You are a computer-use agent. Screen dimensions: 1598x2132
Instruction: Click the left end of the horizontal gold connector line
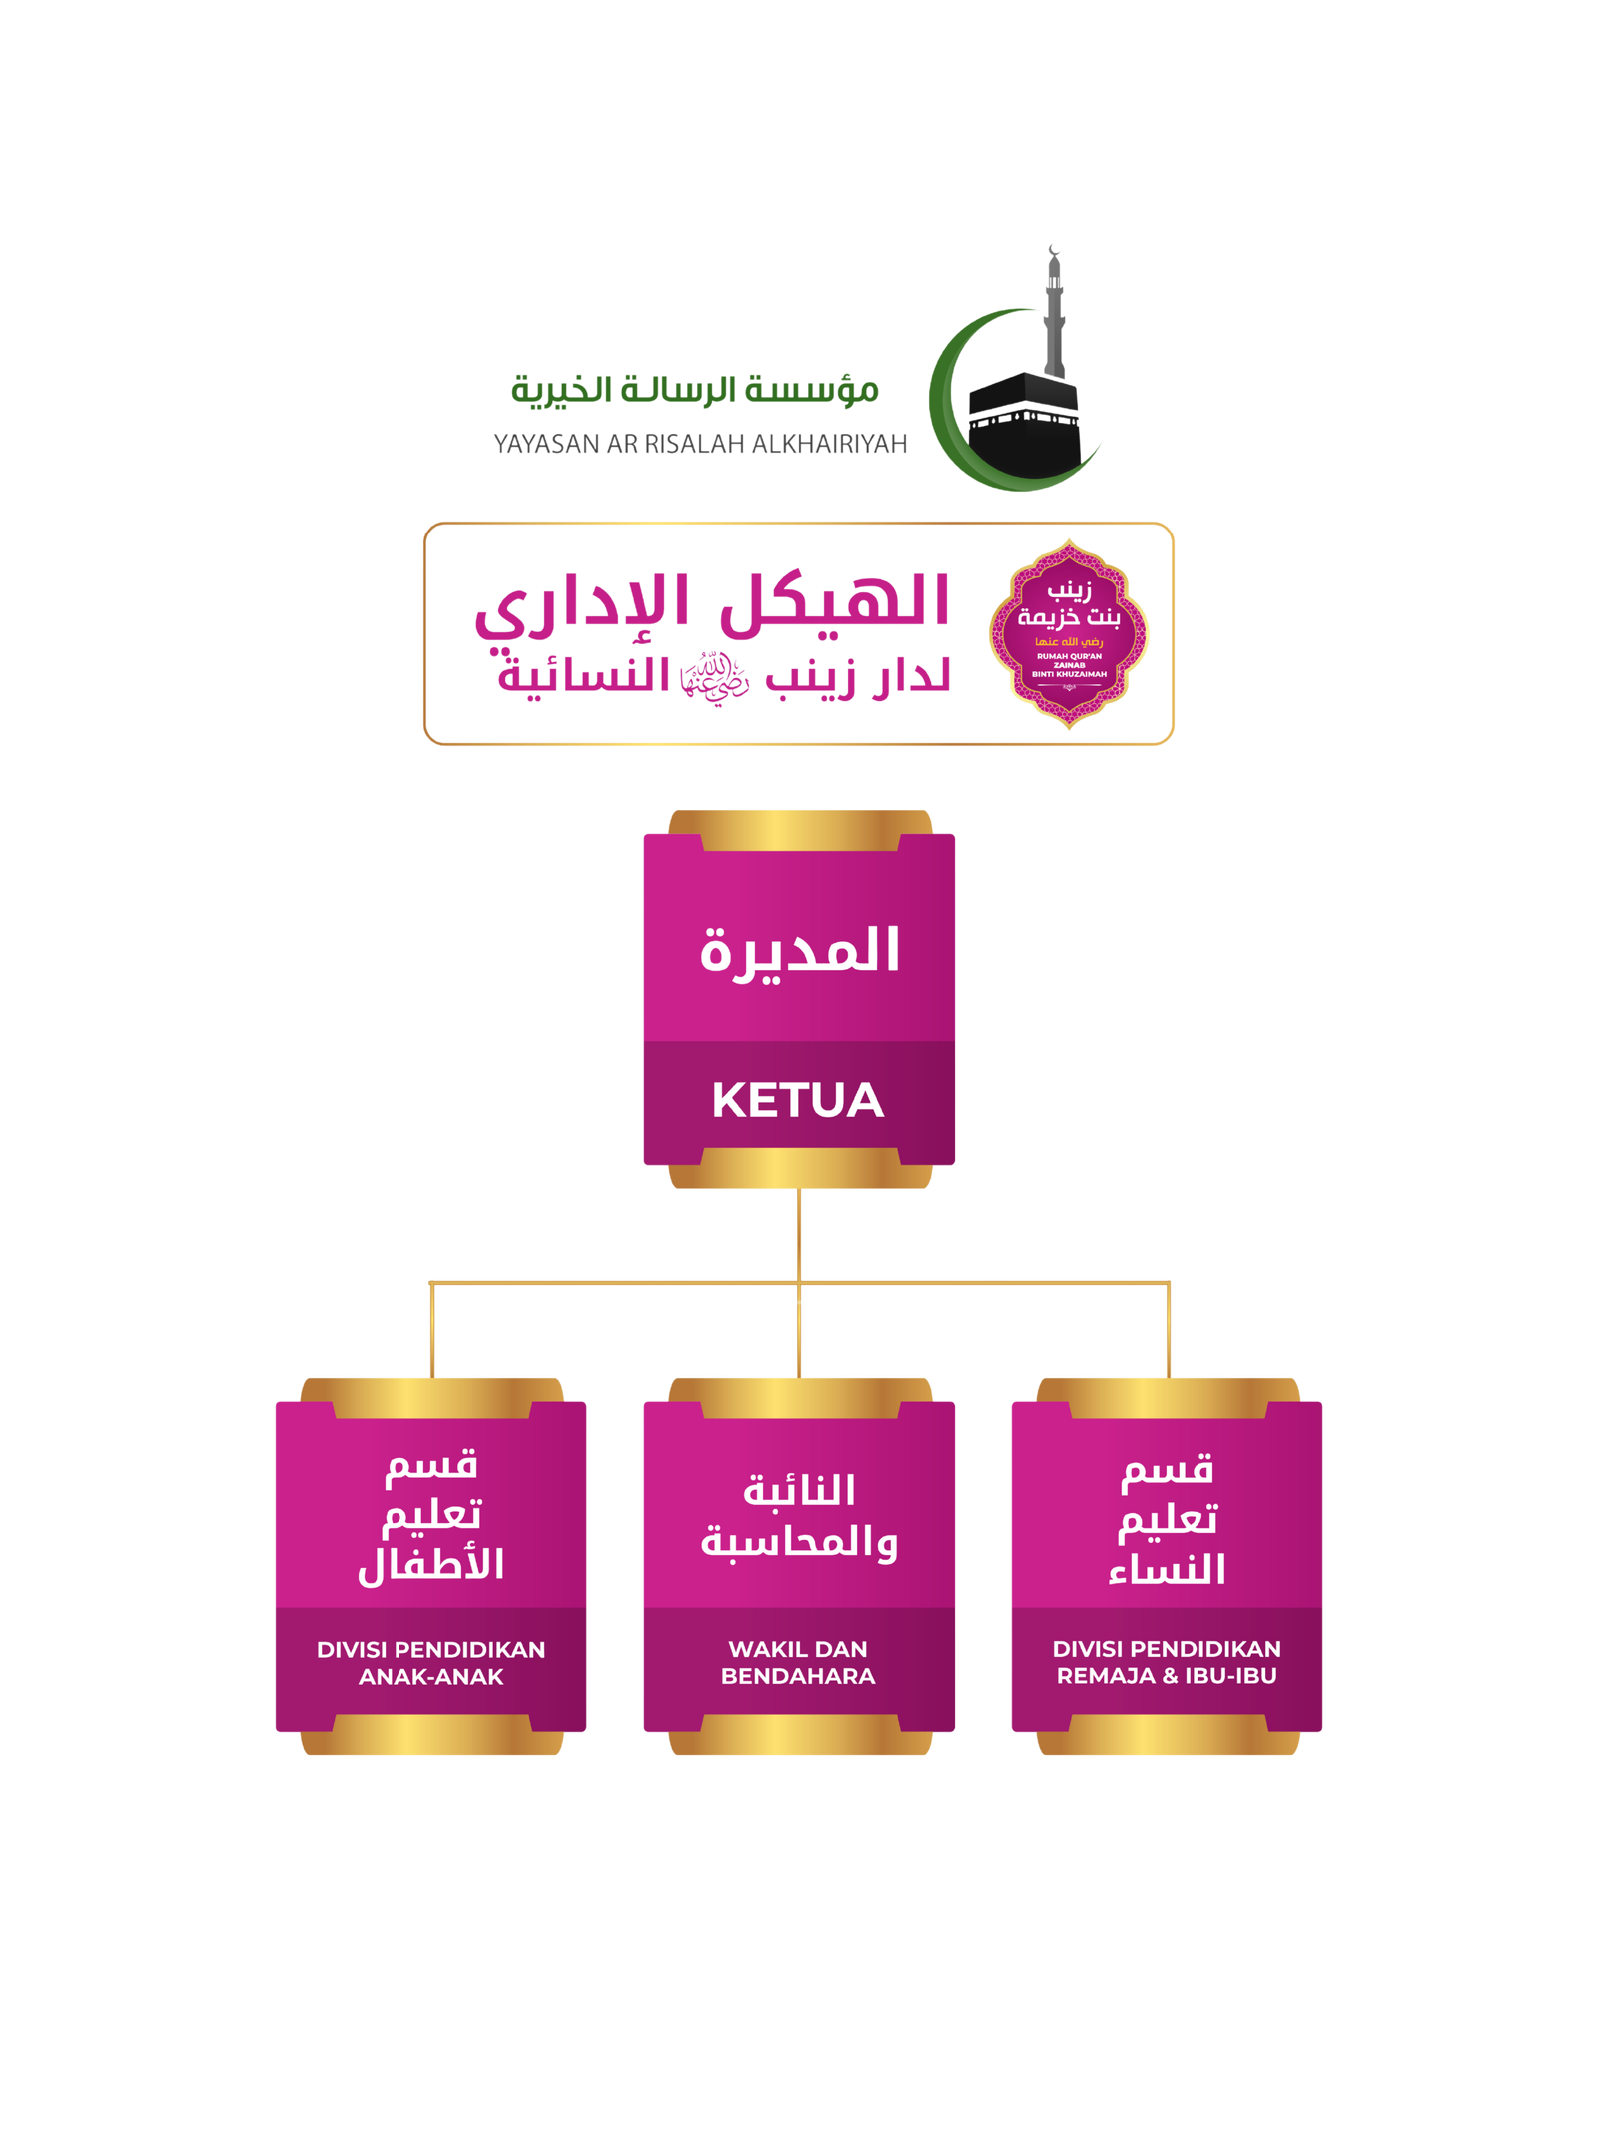click(429, 1282)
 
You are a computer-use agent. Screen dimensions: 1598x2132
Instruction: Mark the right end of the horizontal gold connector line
click(1169, 1282)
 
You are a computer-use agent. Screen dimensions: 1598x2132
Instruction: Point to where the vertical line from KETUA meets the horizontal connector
click(799, 1282)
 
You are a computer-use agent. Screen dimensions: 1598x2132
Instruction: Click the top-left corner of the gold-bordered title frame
click(425, 524)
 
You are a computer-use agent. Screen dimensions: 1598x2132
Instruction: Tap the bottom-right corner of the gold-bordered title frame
click(1173, 744)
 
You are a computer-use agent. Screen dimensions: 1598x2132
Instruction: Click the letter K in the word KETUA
click(731, 1100)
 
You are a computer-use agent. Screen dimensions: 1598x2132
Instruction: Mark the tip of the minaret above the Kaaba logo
click(1053, 245)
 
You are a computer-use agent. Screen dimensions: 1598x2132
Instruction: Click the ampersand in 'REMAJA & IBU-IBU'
click(1170, 1676)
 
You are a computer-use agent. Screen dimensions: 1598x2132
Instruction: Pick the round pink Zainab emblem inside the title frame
click(1068, 633)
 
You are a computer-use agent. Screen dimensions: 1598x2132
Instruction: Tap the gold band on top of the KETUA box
click(800, 830)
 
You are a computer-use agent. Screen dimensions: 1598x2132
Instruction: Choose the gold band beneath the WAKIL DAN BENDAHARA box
click(800, 1735)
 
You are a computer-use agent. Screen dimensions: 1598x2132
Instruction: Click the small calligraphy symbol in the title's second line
click(714, 679)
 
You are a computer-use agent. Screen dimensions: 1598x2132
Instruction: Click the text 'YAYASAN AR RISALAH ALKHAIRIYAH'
click(700, 444)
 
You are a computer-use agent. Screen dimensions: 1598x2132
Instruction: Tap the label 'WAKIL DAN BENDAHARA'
click(798, 1662)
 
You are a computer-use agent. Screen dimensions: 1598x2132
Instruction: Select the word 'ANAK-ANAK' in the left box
click(430, 1677)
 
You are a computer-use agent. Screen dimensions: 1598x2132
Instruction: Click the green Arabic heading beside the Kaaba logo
click(695, 389)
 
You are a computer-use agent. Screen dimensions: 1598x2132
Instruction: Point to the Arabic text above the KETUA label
click(799, 951)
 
